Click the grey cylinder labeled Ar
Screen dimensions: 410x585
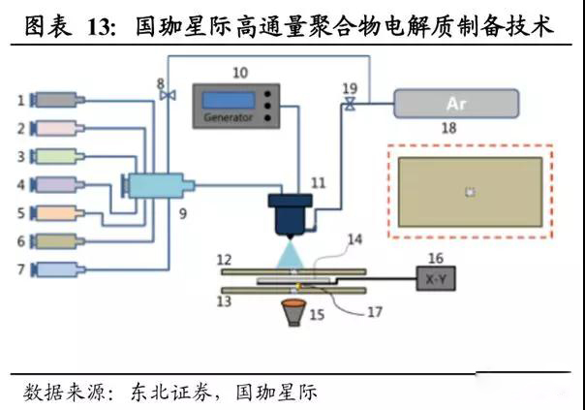(x=456, y=103)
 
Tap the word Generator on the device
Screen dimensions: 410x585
(x=230, y=118)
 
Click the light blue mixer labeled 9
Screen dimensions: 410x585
(x=155, y=184)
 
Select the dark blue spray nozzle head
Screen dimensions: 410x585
(x=291, y=214)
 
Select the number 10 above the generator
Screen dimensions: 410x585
(x=239, y=73)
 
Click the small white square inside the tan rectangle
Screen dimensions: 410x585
(x=470, y=192)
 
